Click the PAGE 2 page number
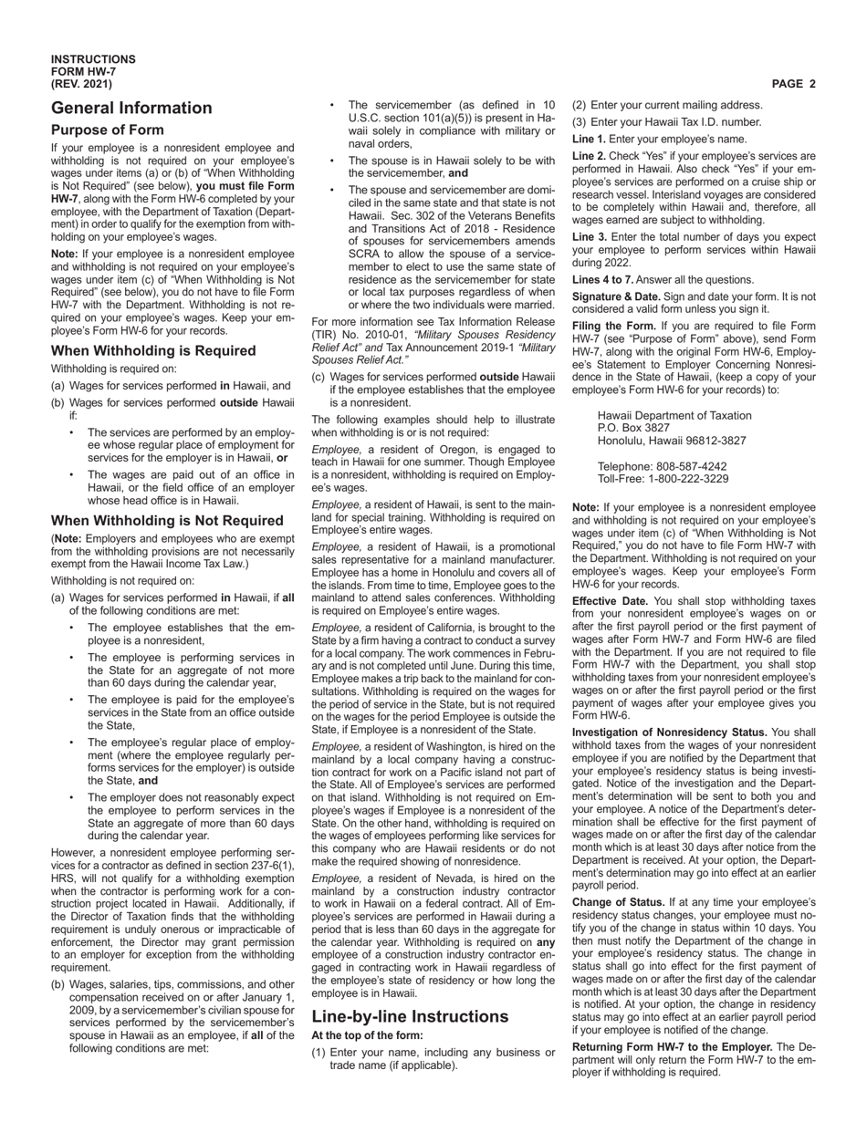click(x=793, y=84)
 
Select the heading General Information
click(x=131, y=108)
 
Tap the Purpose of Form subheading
click(x=108, y=130)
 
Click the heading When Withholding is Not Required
click(x=167, y=521)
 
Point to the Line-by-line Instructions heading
click(x=410, y=1016)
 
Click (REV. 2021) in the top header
click(x=82, y=84)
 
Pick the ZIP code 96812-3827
click(x=710, y=440)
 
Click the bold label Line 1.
click(x=589, y=140)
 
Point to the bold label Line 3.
click(x=589, y=236)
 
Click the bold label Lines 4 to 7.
click(x=602, y=279)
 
